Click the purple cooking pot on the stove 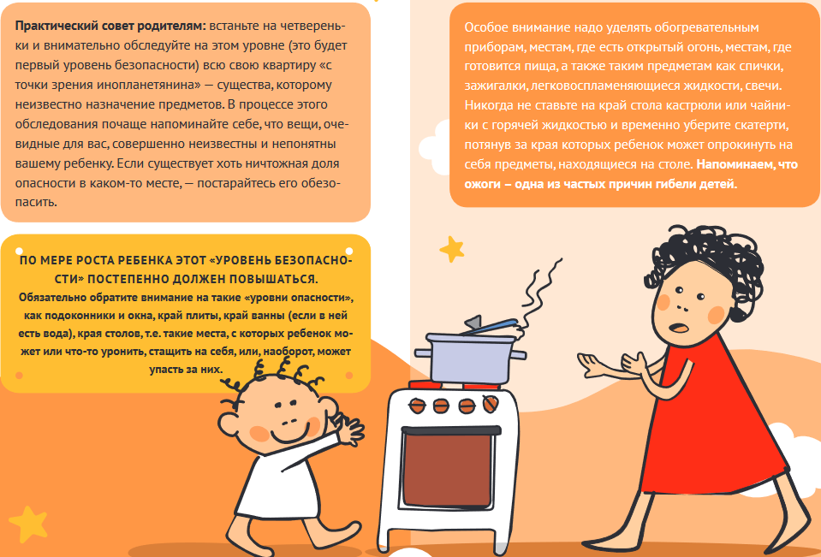(470, 358)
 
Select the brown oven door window (448, 470)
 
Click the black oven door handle (450, 430)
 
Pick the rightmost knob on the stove (490, 404)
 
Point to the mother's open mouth (679, 327)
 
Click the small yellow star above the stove (451, 249)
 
